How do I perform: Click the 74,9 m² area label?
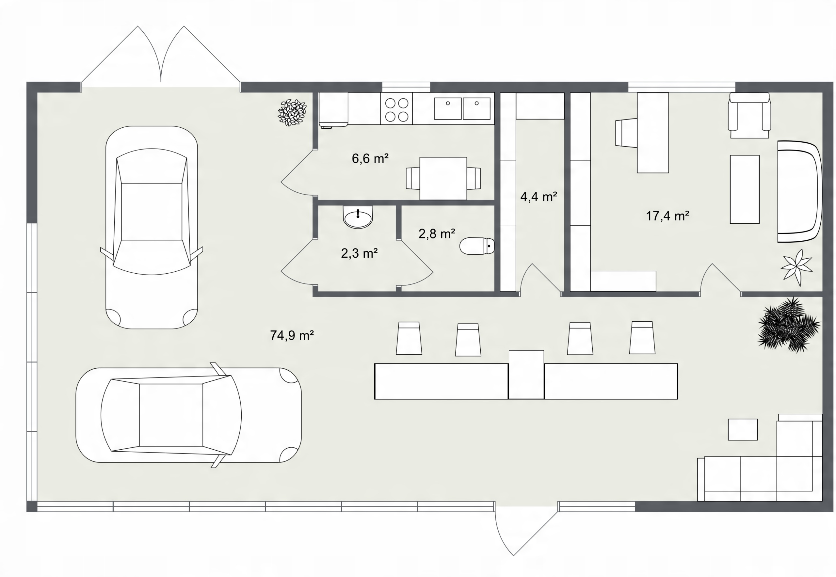point(292,335)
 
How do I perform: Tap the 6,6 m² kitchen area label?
point(370,158)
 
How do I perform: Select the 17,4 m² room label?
point(667,216)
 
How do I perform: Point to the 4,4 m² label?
point(539,197)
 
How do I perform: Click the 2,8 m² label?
point(437,234)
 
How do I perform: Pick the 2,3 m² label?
point(360,253)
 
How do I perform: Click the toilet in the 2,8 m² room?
point(477,246)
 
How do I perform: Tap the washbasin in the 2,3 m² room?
point(358,217)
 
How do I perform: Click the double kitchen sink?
point(462,108)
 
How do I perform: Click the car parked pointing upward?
point(152,227)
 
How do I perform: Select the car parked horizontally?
point(188,415)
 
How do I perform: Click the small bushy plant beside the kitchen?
point(292,113)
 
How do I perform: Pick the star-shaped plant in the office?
point(796,267)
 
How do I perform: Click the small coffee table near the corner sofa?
point(742,429)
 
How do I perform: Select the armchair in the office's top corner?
point(749,115)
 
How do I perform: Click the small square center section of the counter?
point(526,374)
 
